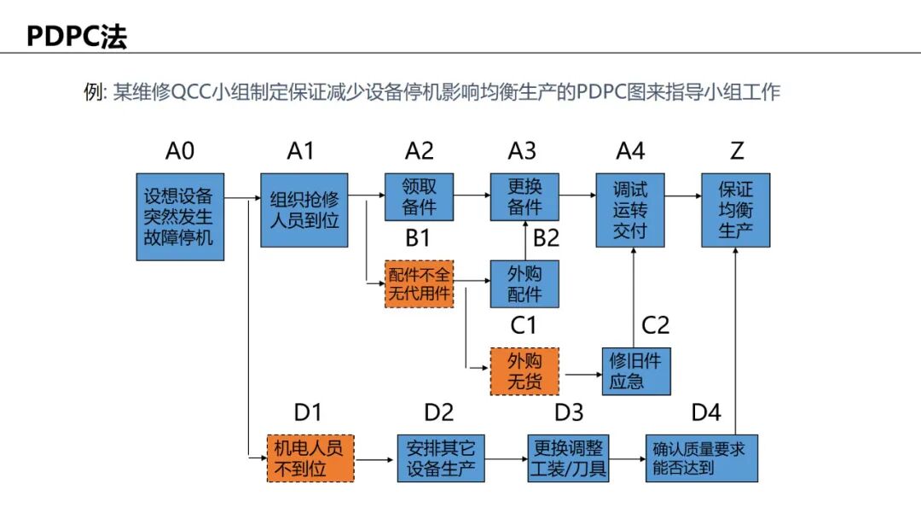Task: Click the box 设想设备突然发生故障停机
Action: (179, 217)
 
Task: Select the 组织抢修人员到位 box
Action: (304, 210)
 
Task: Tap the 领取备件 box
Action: (419, 197)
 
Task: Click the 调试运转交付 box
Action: (630, 210)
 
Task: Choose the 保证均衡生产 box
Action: (736, 210)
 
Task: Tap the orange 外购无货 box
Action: (524, 371)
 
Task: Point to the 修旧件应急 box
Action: (635, 371)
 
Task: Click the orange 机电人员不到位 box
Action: (310, 458)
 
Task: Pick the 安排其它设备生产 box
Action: (441, 458)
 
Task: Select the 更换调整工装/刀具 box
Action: (569, 458)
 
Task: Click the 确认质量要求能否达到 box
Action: (703, 458)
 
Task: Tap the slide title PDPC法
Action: (77, 37)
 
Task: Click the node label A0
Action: (179, 151)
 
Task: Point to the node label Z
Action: (737, 151)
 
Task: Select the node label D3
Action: (569, 412)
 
